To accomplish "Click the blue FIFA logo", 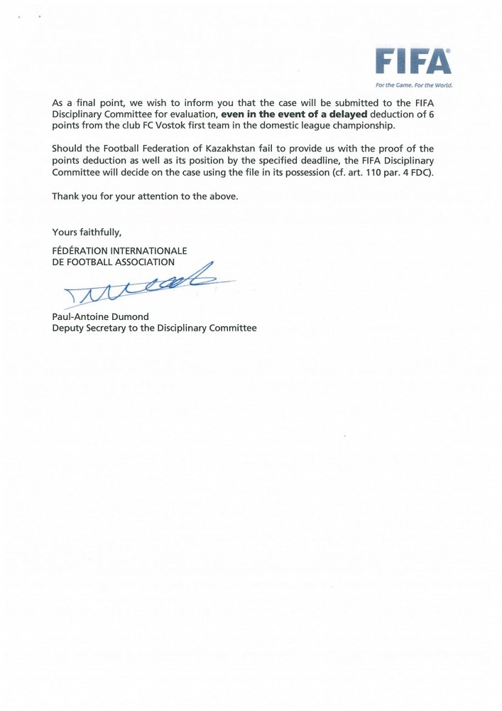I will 413,63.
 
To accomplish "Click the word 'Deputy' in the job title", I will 67,328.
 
